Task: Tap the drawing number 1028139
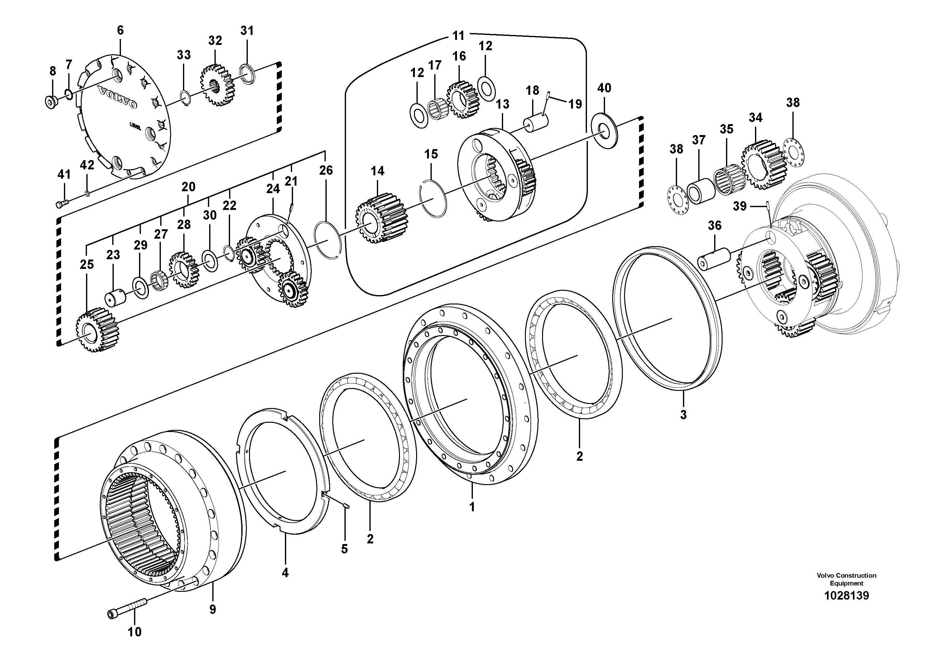click(846, 596)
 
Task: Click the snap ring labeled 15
click(434, 198)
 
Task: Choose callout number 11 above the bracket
click(458, 36)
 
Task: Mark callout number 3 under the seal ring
click(683, 415)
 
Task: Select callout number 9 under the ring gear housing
click(213, 610)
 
